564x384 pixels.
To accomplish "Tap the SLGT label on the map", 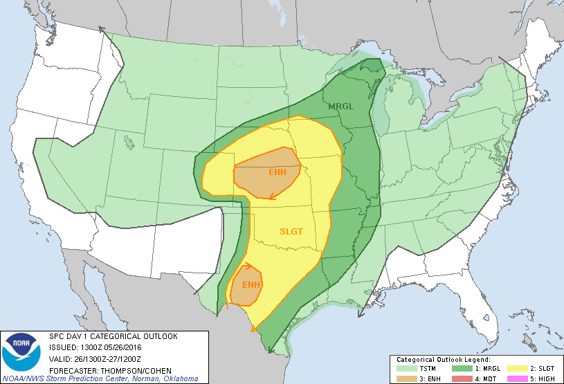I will pyautogui.click(x=291, y=231).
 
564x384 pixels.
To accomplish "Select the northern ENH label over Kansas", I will pyautogui.click(x=266, y=171).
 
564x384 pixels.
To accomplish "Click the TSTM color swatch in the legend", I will pyautogui.click(x=404, y=369).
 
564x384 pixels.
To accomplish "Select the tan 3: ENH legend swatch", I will pyautogui.click(x=404, y=378).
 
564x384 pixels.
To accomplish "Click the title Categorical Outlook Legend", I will pyautogui.click(x=443, y=360).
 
